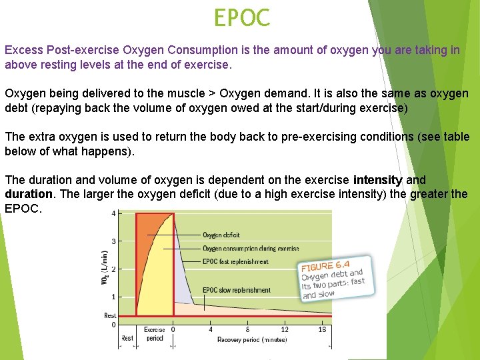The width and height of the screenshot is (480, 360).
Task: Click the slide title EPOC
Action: click(241, 18)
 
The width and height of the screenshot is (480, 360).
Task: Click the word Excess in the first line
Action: click(21, 50)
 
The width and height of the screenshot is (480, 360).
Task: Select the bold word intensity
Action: click(377, 180)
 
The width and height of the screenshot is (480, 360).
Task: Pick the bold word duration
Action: click(28, 194)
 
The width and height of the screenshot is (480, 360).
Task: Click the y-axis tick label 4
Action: click(114, 213)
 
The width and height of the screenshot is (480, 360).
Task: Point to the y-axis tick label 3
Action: click(114, 241)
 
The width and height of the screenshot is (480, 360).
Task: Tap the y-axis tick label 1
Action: click(114, 297)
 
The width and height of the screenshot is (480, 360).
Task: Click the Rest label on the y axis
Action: click(110, 315)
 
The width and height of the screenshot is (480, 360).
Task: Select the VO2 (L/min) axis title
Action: click(105, 270)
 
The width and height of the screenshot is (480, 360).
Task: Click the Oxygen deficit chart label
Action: click(221, 235)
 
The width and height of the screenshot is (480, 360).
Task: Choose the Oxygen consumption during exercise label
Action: click(251, 248)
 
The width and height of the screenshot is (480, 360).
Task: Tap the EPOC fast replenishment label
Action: click(235, 262)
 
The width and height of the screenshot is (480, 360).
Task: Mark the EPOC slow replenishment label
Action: click(237, 290)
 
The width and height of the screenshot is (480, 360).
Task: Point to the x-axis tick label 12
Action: click(285, 329)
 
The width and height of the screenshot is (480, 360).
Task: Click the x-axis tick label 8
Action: click(247, 329)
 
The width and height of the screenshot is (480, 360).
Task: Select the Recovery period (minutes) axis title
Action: click(252, 339)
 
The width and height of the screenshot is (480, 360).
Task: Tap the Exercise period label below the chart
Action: click(155, 334)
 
